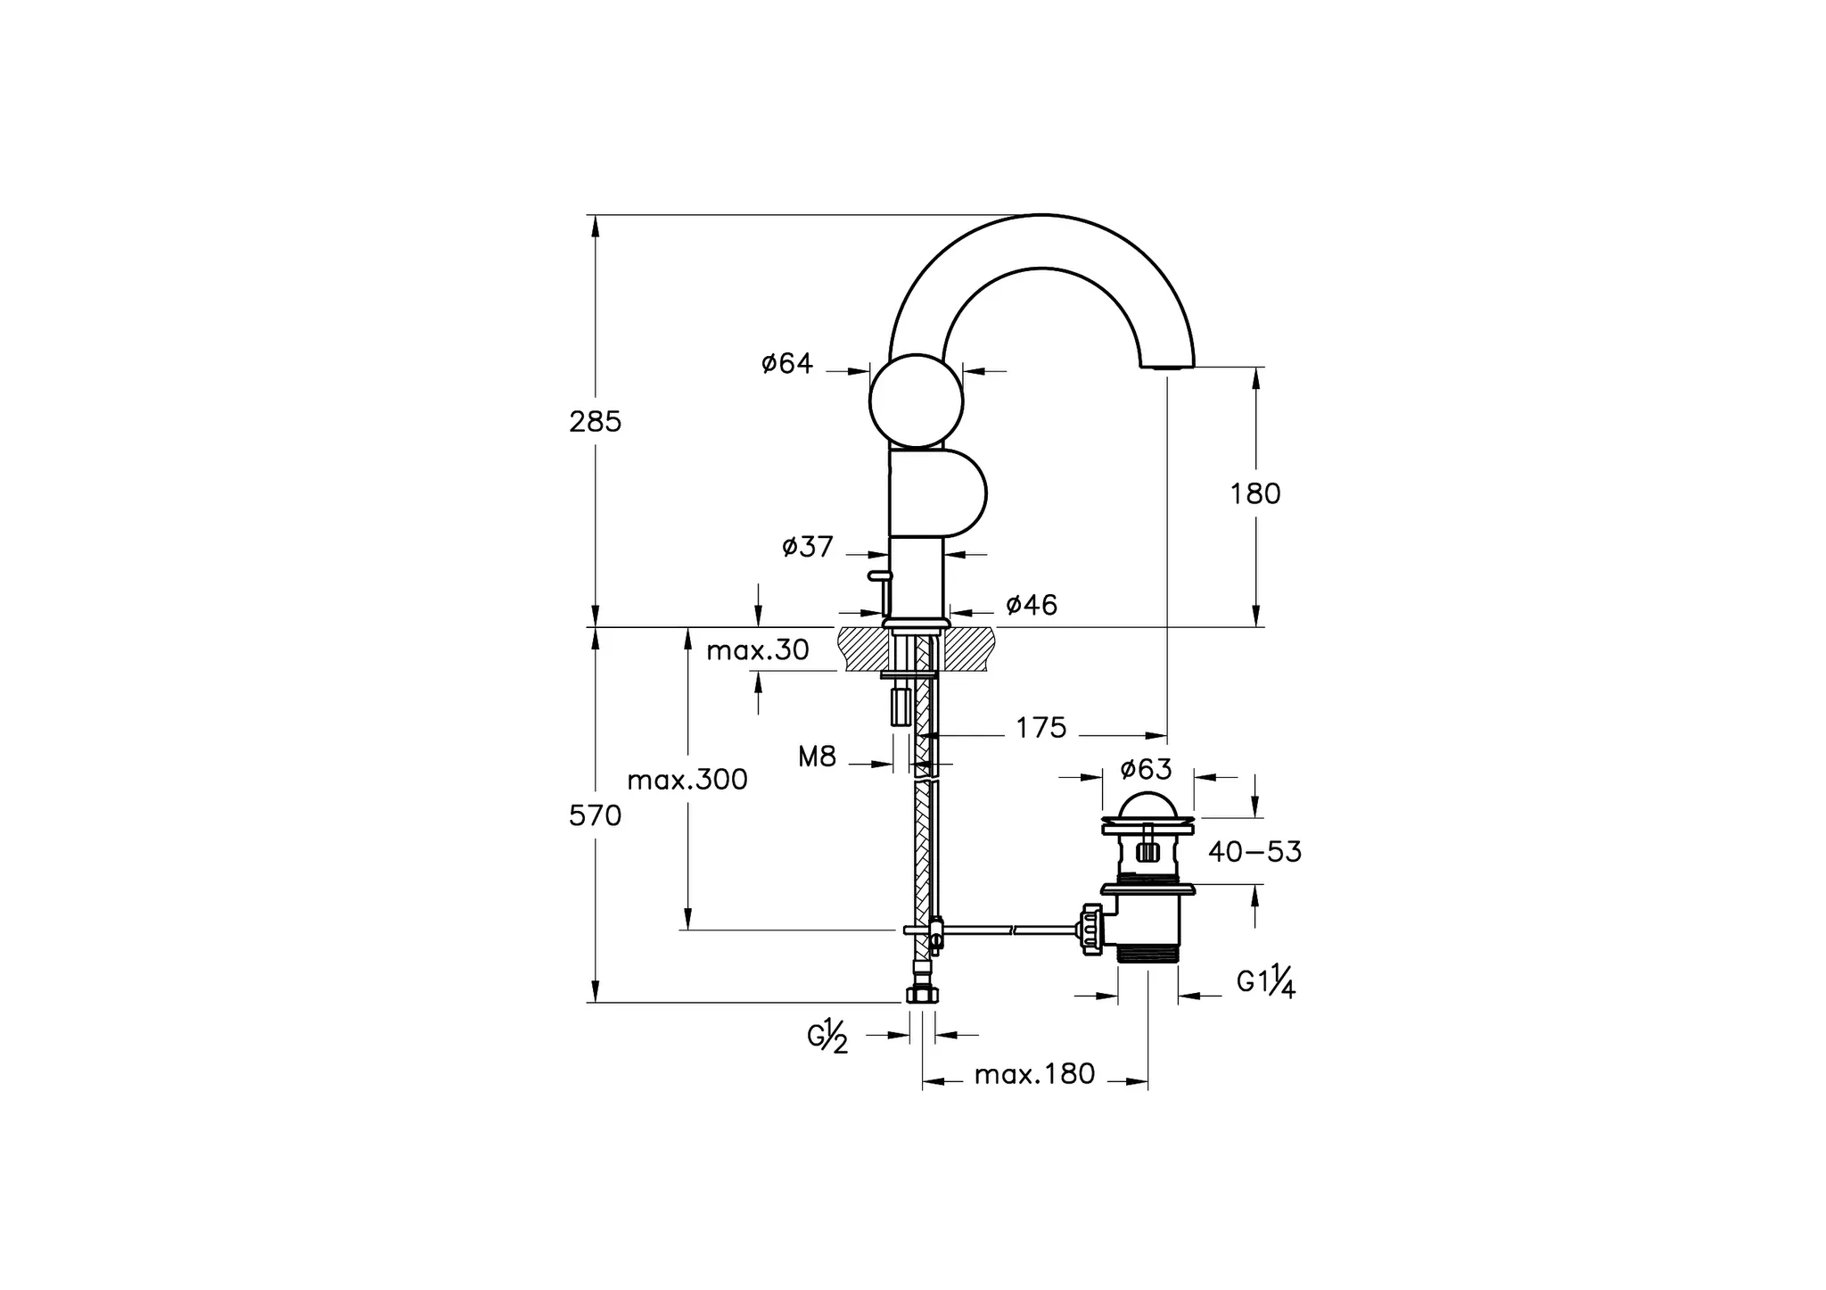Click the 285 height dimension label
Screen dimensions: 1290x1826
coord(595,422)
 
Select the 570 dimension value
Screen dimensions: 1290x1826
coord(595,815)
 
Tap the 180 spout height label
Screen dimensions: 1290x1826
coord(1254,494)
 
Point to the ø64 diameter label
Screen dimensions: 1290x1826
coord(787,364)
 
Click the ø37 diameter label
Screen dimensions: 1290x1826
coord(807,547)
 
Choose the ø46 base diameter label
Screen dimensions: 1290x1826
coord(1031,606)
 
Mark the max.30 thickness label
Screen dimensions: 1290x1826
coord(757,651)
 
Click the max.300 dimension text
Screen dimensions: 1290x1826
coord(687,781)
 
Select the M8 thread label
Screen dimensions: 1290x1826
coord(817,758)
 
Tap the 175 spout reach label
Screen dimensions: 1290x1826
coord(1040,729)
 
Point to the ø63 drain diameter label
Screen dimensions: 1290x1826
coord(1146,769)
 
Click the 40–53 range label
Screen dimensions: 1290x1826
coord(1254,852)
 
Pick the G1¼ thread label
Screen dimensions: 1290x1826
coord(1265,981)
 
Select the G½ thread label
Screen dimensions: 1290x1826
coord(827,1037)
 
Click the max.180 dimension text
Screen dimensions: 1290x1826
coord(1034,1074)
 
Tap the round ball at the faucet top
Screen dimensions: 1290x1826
coord(917,401)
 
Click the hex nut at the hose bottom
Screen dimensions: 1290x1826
coord(921,995)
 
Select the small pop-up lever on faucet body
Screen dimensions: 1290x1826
coord(879,577)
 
